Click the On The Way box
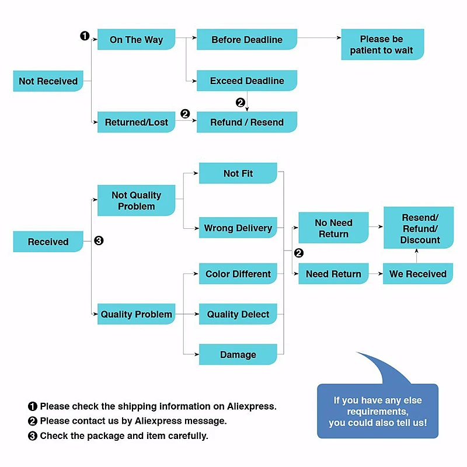coord(136,39)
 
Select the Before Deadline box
coord(247,39)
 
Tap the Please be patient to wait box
coord(382,44)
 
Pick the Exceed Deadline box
coord(247,81)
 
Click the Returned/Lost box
coord(136,122)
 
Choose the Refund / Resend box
coord(247,122)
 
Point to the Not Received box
coord(48,81)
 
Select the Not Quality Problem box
coord(136,200)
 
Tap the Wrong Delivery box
coord(238,228)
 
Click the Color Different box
coord(238,274)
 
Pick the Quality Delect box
coord(238,314)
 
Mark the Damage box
coord(238,354)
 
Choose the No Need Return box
coord(333,228)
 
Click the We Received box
coord(418,274)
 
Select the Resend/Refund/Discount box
coord(419,228)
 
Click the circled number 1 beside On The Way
coord(85,36)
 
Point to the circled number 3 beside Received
coord(99,241)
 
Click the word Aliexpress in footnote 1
coord(252,406)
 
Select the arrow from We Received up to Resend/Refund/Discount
coord(417,256)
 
